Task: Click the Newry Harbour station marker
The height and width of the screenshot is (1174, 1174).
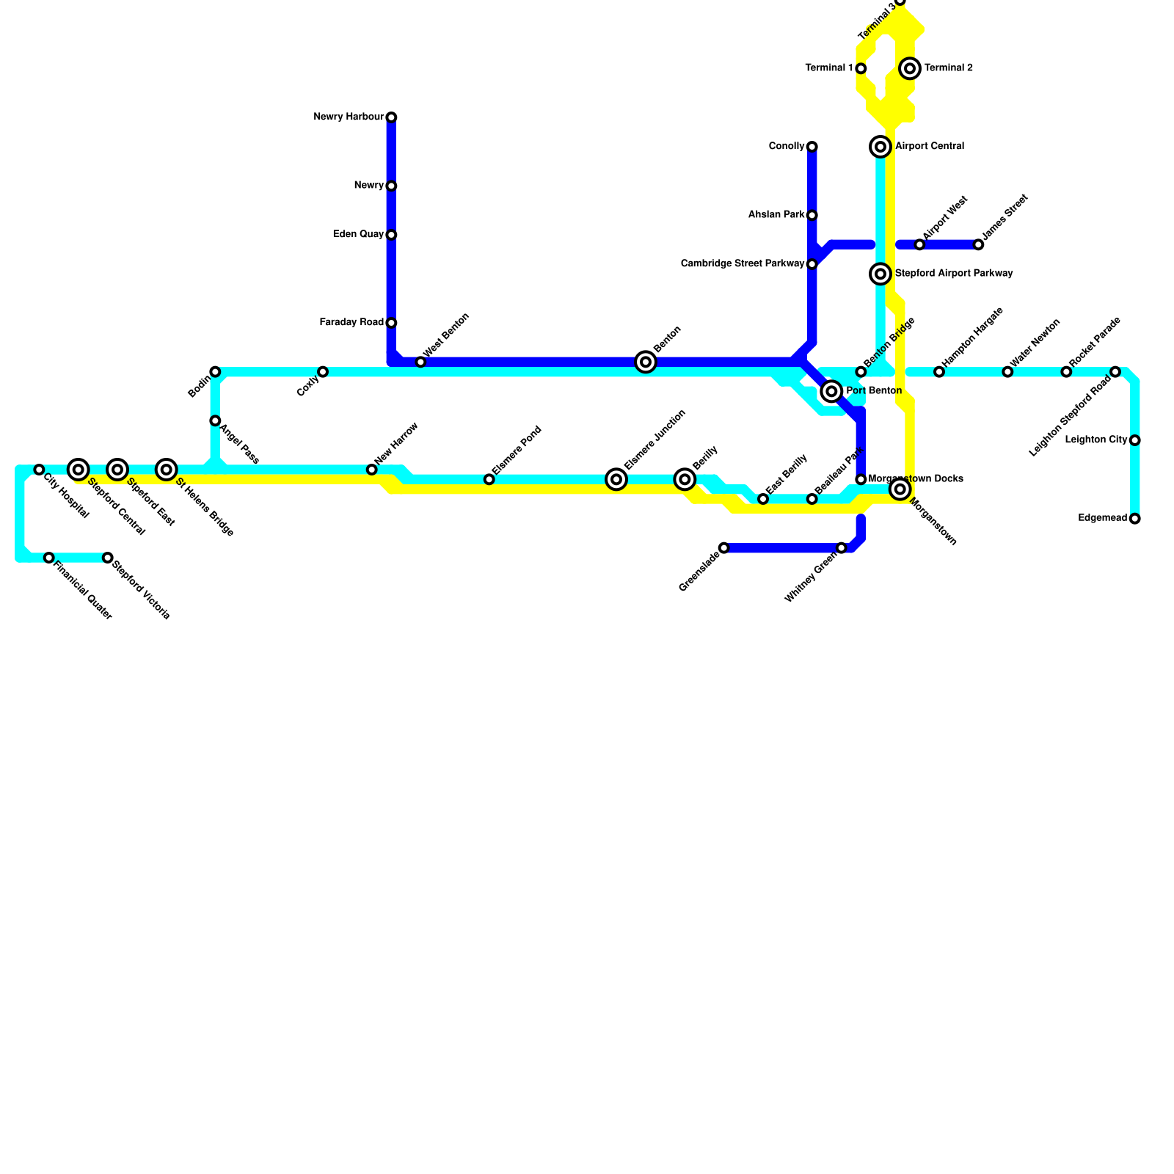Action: (391, 117)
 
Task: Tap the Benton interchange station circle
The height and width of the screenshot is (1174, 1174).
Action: (646, 362)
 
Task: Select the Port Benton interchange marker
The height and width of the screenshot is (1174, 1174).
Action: (831, 391)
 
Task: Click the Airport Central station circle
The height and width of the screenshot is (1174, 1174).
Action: (880, 147)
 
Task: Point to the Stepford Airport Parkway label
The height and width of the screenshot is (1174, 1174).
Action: (953, 274)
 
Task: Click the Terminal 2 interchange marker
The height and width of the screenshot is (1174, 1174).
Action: (910, 68)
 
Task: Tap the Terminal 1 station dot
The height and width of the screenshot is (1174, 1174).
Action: (861, 68)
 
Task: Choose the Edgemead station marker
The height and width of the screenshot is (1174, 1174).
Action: (1135, 519)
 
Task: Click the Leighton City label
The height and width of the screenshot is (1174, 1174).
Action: (1095, 440)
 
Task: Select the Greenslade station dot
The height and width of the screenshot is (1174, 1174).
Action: (724, 548)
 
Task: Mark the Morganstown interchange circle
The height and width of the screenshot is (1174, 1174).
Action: (900, 489)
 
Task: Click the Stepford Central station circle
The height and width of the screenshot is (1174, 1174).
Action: (79, 470)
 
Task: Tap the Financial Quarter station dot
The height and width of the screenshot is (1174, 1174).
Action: (49, 558)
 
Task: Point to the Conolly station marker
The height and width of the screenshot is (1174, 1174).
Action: (812, 147)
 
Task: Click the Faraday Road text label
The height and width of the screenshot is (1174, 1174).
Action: (351, 323)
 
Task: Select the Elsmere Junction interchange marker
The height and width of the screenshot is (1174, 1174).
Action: (616, 479)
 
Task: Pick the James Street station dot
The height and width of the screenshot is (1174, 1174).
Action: (978, 244)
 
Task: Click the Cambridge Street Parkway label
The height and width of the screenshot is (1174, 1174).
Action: (743, 264)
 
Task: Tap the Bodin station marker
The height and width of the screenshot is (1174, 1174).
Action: (215, 372)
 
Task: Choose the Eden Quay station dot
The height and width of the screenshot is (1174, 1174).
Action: (391, 235)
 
